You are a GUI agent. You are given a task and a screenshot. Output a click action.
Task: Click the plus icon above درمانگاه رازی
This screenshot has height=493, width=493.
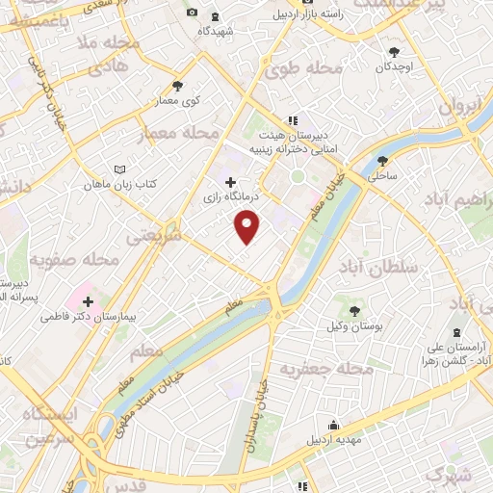pyautogui.click(x=229, y=182)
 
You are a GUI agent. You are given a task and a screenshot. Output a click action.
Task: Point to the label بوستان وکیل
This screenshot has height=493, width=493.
pyautogui.click(x=356, y=325)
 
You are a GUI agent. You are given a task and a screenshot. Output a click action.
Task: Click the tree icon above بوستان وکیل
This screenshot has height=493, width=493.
pyautogui.click(x=355, y=310)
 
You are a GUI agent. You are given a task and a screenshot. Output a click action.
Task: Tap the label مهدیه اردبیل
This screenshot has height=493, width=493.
pyautogui.click(x=332, y=440)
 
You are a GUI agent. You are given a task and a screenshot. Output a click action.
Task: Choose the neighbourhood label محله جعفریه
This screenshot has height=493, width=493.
pyautogui.click(x=325, y=369)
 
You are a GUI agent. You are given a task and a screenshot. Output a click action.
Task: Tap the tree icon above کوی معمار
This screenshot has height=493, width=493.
pyautogui.click(x=177, y=85)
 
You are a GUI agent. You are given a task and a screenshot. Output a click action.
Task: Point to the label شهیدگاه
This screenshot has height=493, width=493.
pyautogui.click(x=217, y=31)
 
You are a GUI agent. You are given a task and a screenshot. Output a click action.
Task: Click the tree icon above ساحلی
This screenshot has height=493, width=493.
pyautogui.click(x=382, y=161)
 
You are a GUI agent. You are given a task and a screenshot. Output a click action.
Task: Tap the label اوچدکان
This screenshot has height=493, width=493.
pyautogui.click(x=395, y=66)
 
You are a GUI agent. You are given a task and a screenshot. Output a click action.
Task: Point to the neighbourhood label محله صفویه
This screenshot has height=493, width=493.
pyautogui.click(x=73, y=260)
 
